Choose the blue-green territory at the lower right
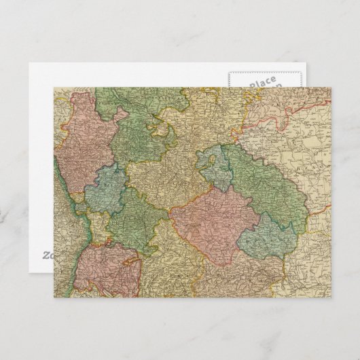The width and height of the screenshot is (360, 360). [268, 238]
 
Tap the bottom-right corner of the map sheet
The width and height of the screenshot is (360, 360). [331, 297]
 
